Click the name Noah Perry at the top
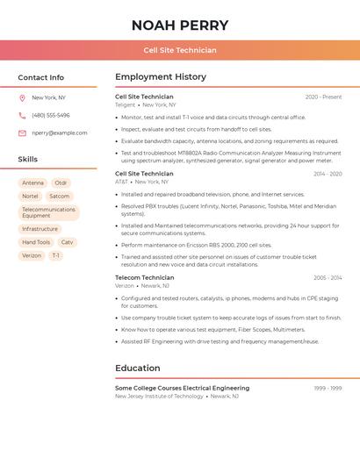pos(180,25)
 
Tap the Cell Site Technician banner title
pos(180,50)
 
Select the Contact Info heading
pos(41,77)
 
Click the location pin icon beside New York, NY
pos(22,98)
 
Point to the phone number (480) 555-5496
pos(51,115)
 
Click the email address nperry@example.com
pos(60,132)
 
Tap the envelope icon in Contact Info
pos(22,133)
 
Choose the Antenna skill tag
pos(32,183)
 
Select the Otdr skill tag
pos(61,183)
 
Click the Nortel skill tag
pos(31,197)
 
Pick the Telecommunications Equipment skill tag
pos(48,212)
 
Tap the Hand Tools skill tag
pos(36,242)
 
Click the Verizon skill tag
pos(32,255)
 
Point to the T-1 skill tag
pos(55,255)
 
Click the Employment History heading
pos(161,77)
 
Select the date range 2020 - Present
pos(323,97)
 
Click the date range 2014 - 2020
pos(328,174)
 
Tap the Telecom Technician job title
pos(145,277)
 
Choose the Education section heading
pos(138,368)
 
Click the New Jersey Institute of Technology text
pos(159,396)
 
